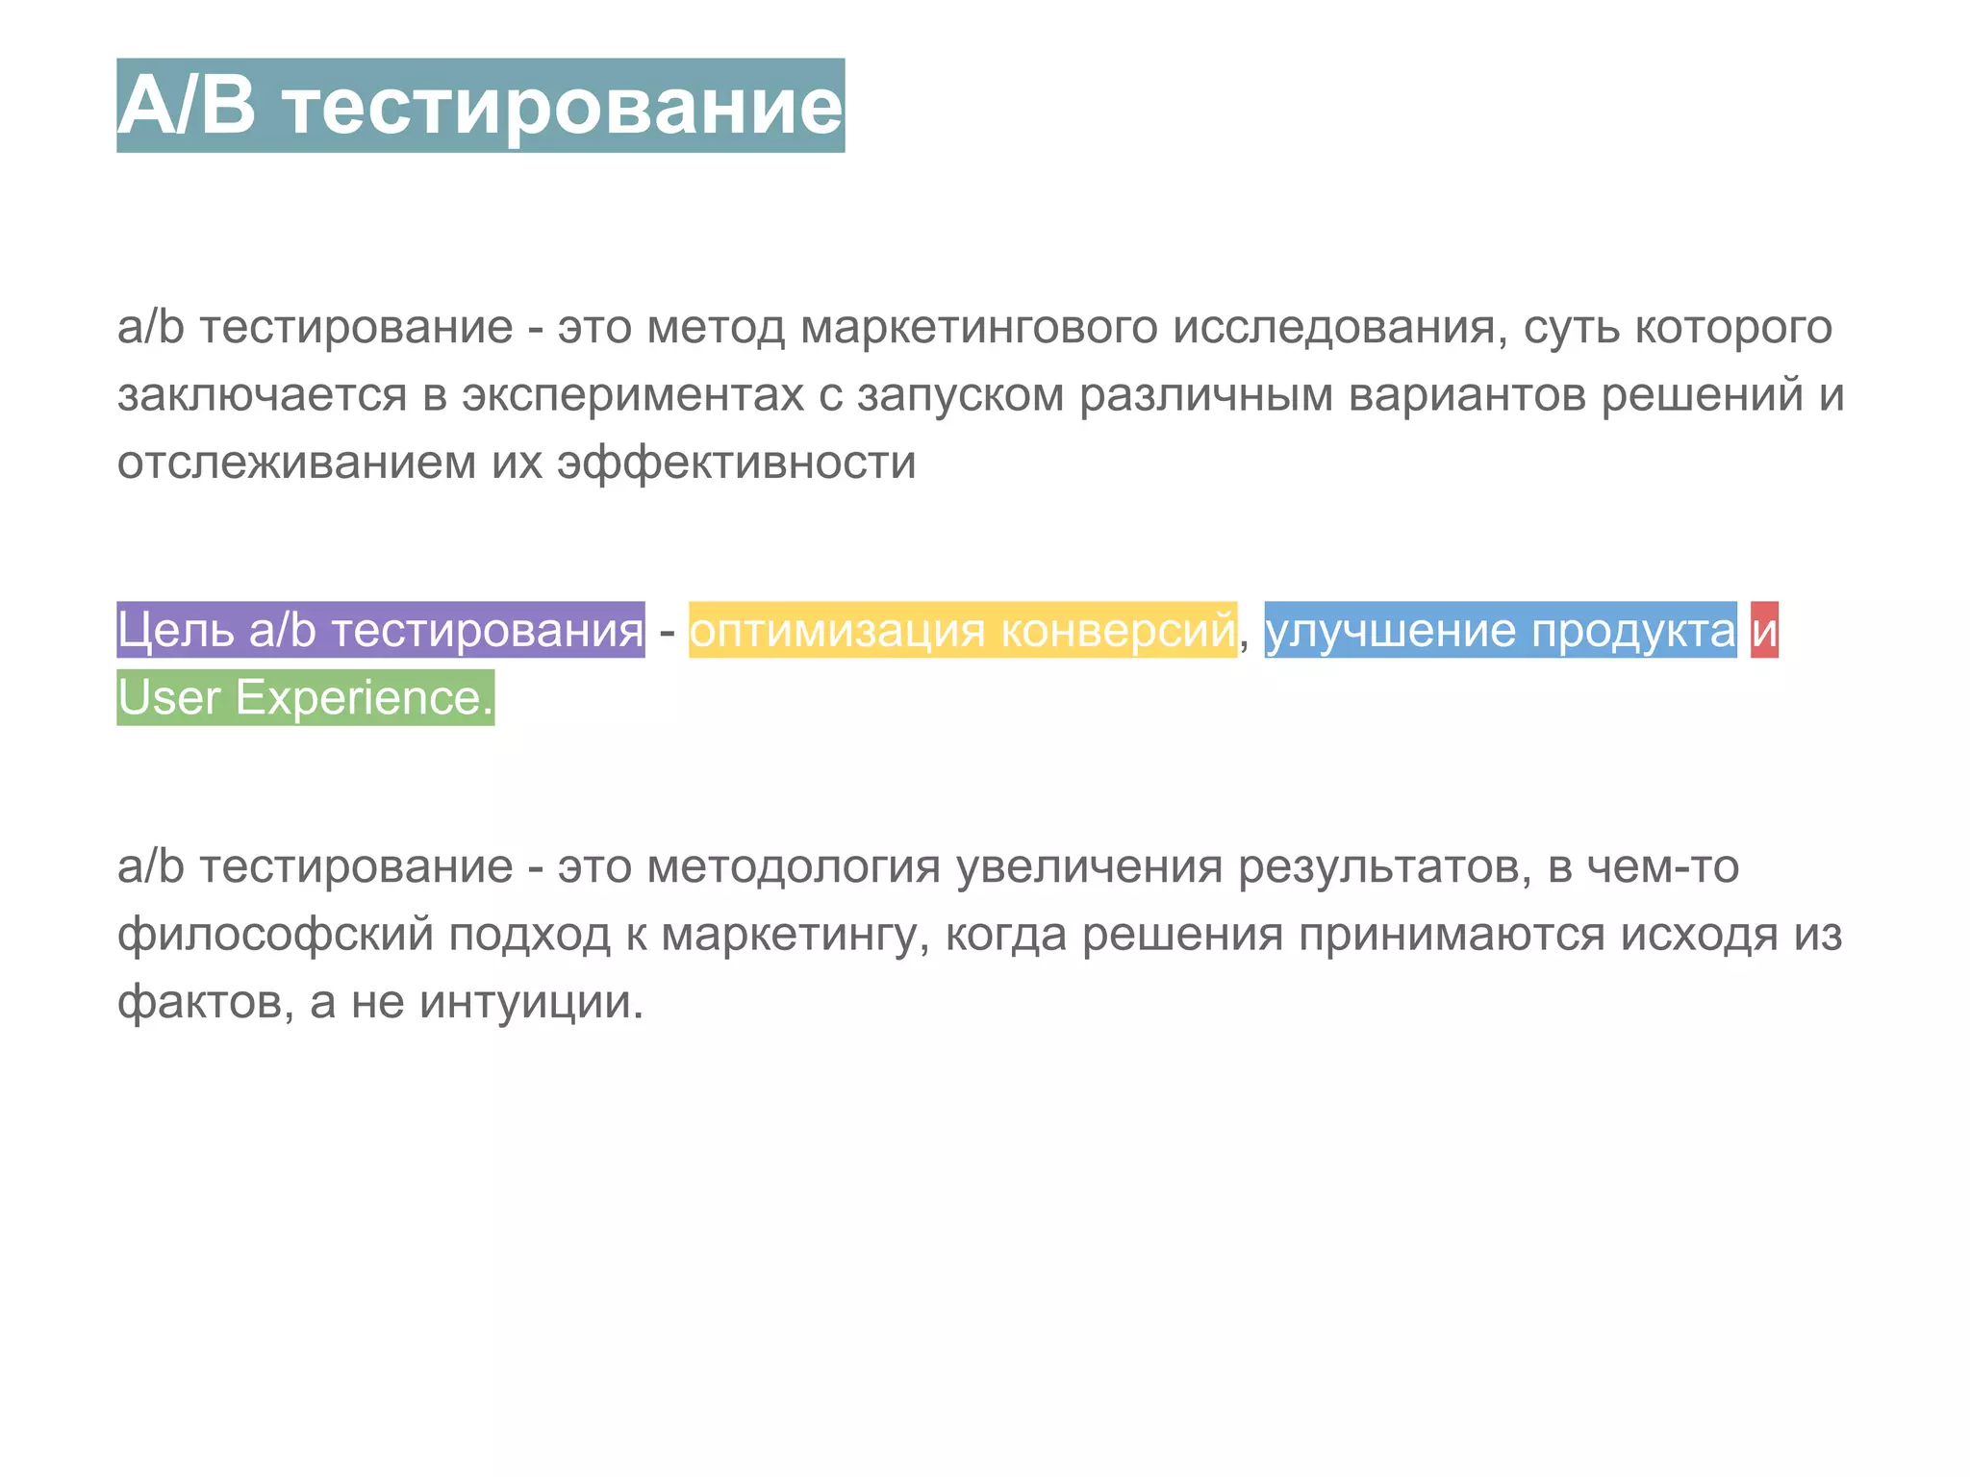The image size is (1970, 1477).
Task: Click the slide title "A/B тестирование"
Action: (480, 106)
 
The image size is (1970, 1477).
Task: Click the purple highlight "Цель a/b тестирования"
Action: (381, 630)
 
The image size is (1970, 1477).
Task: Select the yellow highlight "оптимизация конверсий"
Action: (962, 630)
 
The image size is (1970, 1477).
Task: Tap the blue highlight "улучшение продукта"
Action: (1500, 630)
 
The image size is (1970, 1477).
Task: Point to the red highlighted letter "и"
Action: (1764, 630)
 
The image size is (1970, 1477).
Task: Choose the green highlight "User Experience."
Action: (305, 697)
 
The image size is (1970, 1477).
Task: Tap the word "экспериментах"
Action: (633, 395)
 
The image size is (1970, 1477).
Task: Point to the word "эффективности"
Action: (737, 463)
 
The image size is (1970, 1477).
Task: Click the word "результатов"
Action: (1384, 867)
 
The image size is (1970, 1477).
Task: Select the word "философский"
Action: (275, 935)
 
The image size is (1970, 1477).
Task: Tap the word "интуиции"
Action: (531, 1002)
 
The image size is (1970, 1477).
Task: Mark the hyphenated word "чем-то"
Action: (1662, 867)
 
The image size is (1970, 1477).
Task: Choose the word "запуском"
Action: (960, 395)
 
